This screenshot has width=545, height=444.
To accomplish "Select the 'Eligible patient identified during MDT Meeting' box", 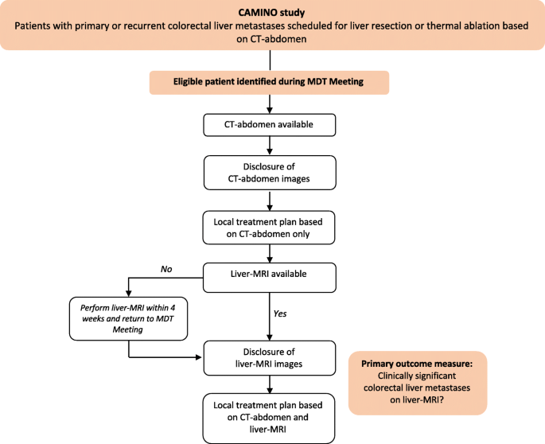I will (x=269, y=83).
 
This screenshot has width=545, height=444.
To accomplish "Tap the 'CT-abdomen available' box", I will (x=270, y=125).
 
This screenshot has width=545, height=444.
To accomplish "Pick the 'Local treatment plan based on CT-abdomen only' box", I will (x=270, y=227).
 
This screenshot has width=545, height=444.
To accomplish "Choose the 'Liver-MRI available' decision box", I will (x=270, y=274).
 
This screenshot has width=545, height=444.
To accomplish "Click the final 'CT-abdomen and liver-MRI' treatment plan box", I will (x=270, y=417).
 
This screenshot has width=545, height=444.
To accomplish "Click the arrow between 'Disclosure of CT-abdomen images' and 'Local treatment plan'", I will (x=271, y=202).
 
